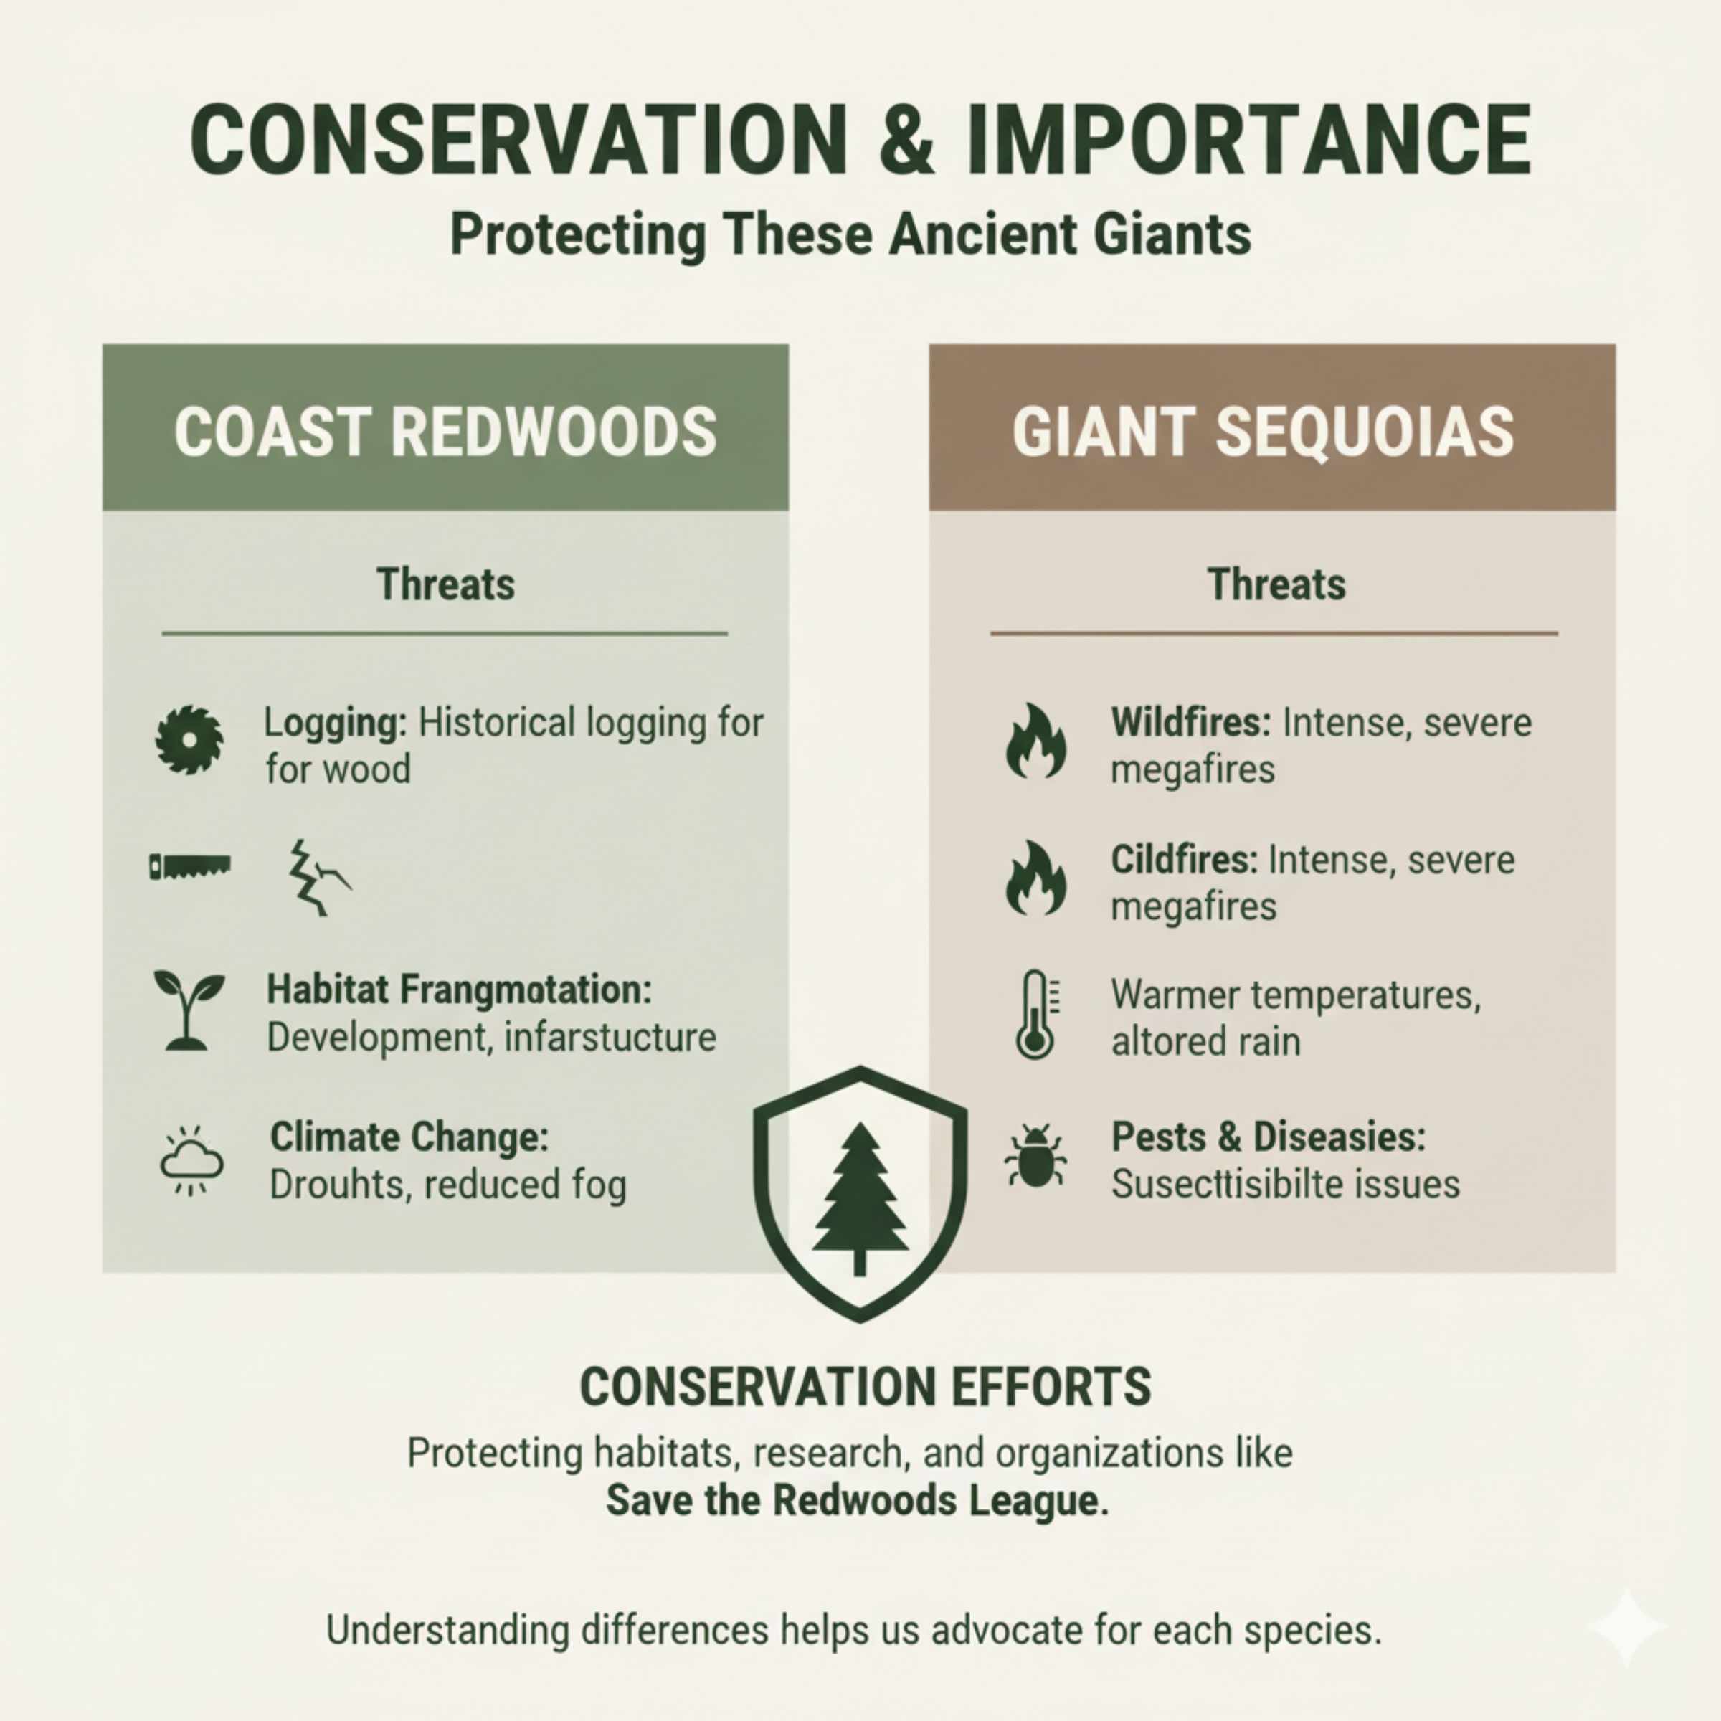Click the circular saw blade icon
pos(189,739)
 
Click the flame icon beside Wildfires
pos(1035,741)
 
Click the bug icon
pos(1034,1155)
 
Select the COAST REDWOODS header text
pos(445,432)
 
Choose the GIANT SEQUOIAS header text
pos(1263,432)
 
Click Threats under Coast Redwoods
pos(445,585)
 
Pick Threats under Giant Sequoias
pos(1276,585)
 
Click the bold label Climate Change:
pos(409,1137)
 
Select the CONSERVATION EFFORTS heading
pos(865,1387)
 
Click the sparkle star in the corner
pos(1626,1626)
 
